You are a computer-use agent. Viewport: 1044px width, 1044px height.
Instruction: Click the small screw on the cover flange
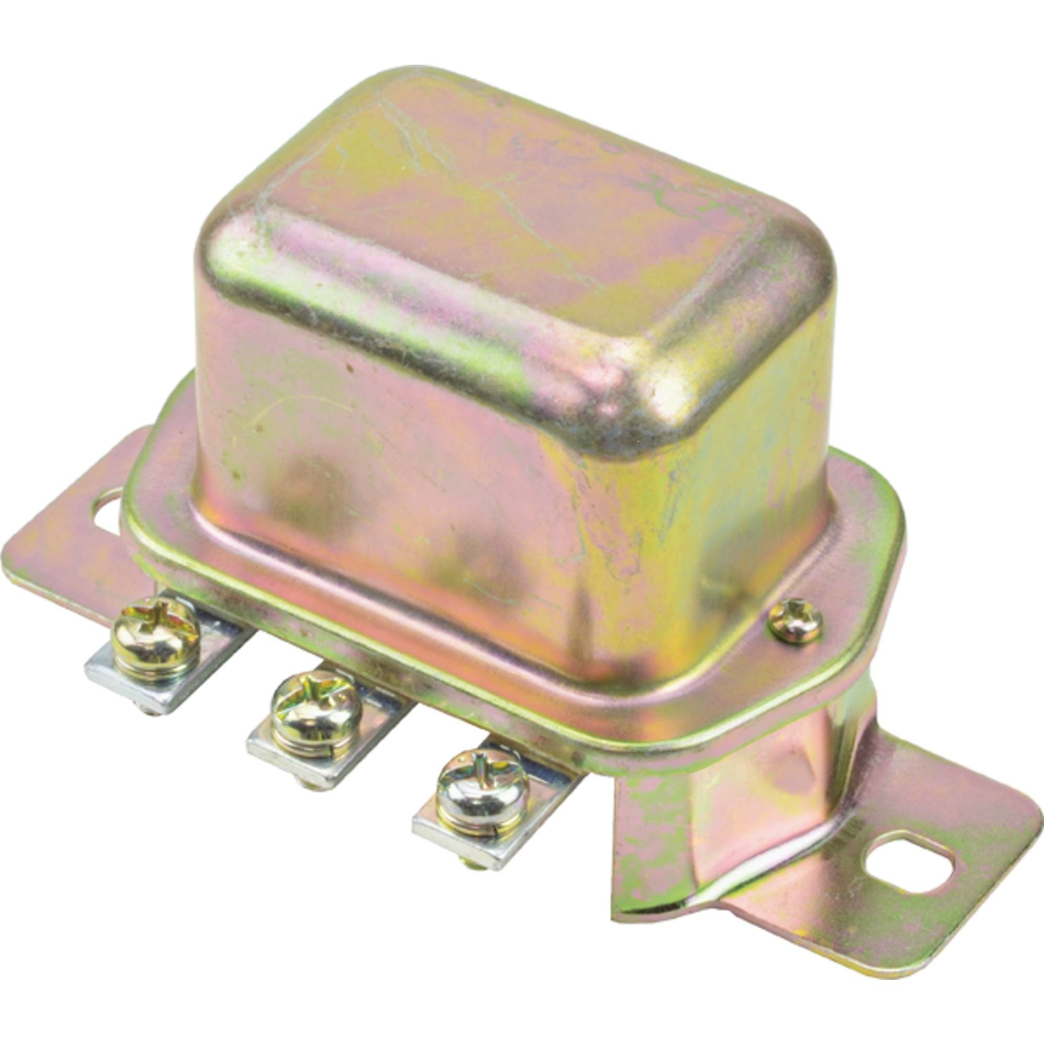[795, 623]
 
